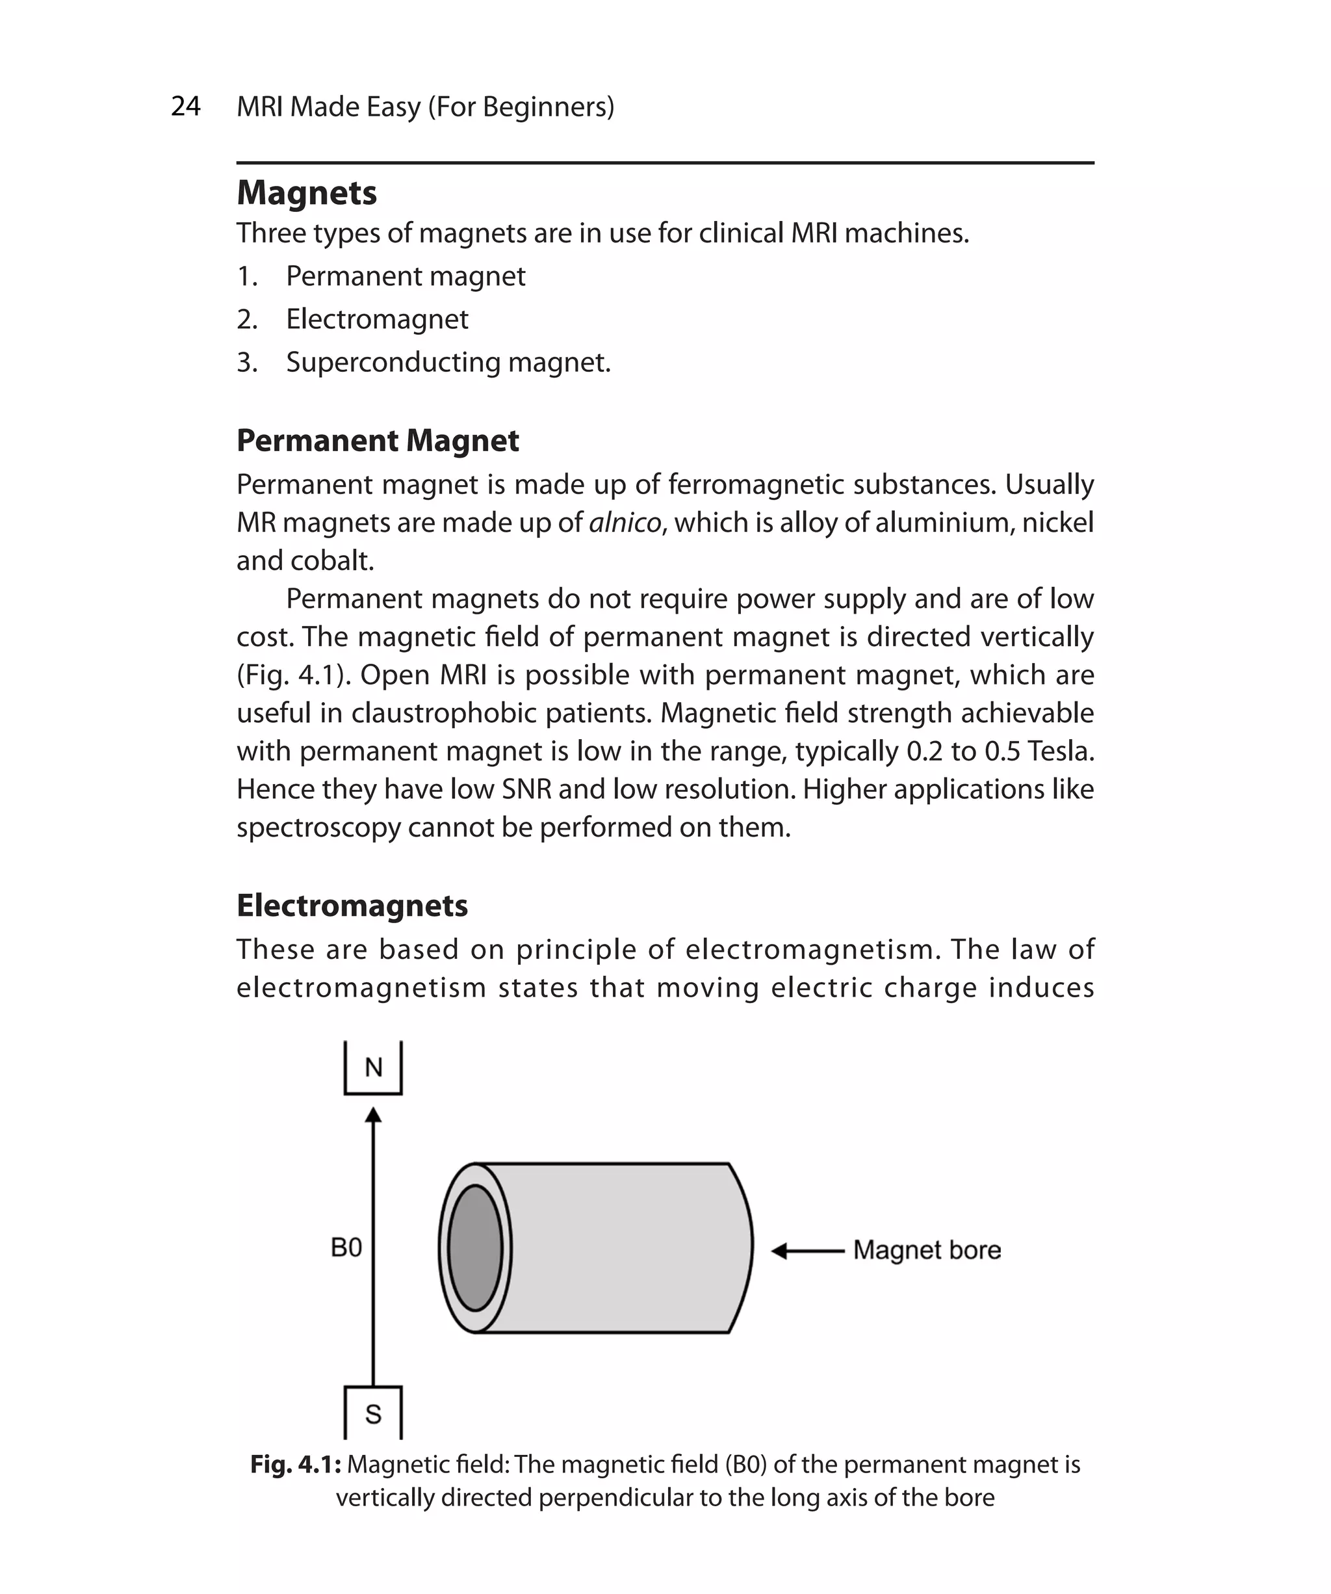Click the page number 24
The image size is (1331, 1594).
(x=186, y=106)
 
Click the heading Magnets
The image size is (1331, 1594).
(x=307, y=193)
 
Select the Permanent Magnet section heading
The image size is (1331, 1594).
(x=377, y=440)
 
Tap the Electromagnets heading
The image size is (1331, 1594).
(x=352, y=906)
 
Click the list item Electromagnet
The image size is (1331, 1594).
(x=376, y=319)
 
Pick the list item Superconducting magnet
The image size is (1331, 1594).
(x=448, y=362)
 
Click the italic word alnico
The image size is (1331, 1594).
(x=625, y=523)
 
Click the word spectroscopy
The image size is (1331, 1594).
(x=318, y=828)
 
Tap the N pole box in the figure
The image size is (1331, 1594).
(x=372, y=1068)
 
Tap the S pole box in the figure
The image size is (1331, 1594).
(x=372, y=1414)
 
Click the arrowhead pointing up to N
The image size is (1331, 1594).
(x=372, y=1115)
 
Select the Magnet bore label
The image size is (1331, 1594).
(x=927, y=1250)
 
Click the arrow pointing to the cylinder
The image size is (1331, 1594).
(x=807, y=1251)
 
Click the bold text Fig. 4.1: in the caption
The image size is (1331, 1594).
(x=295, y=1464)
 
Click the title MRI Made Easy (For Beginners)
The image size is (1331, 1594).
(x=425, y=106)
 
